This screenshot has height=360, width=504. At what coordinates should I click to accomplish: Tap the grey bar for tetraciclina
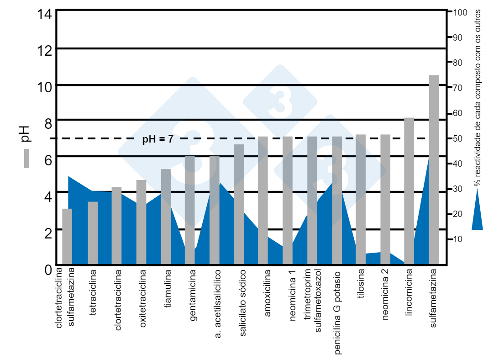click(93, 233)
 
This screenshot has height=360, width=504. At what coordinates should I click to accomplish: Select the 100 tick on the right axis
click(460, 12)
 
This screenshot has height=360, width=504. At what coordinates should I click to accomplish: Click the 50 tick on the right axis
click(458, 138)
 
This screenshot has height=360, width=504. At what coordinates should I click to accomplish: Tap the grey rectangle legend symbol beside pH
click(26, 159)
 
